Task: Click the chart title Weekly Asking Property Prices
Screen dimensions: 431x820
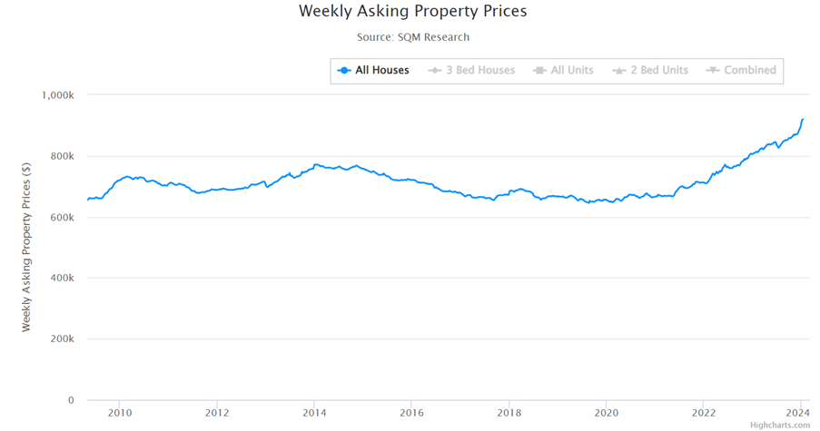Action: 412,12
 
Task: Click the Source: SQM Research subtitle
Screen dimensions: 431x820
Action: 413,37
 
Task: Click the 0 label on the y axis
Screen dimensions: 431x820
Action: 72,400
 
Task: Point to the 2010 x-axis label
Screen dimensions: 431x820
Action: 120,414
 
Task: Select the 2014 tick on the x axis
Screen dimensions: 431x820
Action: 314,414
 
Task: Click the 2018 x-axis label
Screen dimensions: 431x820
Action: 509,414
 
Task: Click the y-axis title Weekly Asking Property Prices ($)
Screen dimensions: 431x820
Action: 26,247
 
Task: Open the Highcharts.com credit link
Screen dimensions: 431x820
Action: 780,425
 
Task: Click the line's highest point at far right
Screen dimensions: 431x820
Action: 803,119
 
